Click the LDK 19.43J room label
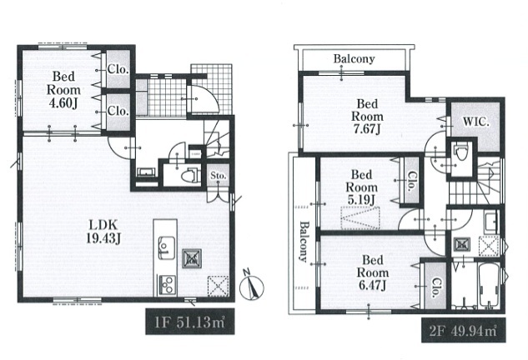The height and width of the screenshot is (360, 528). point(103,232)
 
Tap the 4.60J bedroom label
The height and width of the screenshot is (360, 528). point(63,90)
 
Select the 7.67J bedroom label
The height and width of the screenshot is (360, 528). point(367,117)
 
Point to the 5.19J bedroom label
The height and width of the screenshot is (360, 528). point(361,187)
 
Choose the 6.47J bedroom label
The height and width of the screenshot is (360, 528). point(372,272)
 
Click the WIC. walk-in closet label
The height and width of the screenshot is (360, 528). point(475,122)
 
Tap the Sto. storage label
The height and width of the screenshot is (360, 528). point(219,176)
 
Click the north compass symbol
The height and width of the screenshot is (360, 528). point(252,286)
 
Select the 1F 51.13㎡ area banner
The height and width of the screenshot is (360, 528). point(190,322)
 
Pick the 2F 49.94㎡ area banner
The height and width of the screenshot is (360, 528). point(463,330)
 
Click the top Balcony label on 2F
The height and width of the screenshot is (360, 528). point(354,59)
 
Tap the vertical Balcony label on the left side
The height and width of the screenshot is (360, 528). point(304,241)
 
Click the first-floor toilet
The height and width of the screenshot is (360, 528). point(189,175)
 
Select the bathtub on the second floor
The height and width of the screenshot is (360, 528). point(490,285)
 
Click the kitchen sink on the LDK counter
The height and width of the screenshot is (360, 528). point(166,248)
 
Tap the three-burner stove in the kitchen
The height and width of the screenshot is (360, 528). point(167,285)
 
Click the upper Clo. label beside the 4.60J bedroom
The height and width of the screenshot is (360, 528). point(118,69)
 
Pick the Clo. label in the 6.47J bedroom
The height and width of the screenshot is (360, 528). point(435,287)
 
